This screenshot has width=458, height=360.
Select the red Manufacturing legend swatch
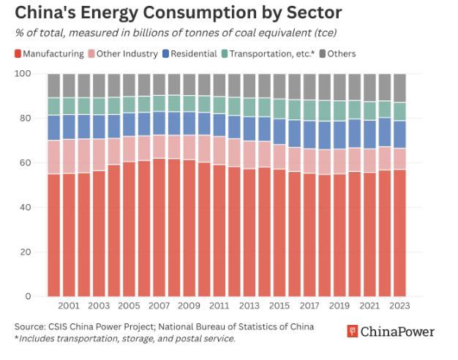tap(18, 53)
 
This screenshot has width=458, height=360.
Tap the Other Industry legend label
tap(127, 53)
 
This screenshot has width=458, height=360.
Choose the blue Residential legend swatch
tap(165, 53)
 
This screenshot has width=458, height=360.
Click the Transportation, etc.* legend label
tap(272, 53)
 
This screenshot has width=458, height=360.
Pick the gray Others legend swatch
tap(322, 53)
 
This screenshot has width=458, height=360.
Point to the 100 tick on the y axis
tap(23, 73)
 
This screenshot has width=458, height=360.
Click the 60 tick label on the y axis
tap(26, 162)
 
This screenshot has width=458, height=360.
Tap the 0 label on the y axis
tap(28, 296)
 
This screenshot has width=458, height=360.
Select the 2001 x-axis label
tap(69, 306)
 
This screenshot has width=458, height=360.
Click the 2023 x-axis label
tap(399, 306)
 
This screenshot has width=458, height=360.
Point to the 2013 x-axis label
tap(249, 306)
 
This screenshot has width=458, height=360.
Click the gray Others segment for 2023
tap(399, 88)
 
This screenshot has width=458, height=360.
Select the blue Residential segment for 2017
tap(309, 135)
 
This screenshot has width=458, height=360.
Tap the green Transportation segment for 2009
tap(189, 104)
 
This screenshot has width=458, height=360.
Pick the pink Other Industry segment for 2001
tap(69, 157)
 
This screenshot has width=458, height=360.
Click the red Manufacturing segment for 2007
tap(159, 228)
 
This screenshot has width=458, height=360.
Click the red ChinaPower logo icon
tap(353, 331)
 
